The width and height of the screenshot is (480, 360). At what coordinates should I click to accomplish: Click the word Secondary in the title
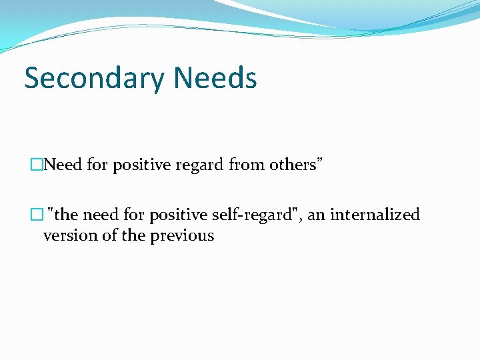95,79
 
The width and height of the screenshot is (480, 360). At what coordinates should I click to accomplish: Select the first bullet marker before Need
35,165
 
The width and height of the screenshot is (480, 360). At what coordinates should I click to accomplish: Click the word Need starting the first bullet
64,165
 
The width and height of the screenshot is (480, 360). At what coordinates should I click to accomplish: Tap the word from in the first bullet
247,165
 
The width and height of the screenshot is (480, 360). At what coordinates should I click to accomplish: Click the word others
291,165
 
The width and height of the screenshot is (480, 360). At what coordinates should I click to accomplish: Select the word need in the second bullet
103,215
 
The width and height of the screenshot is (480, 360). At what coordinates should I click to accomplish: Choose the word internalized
375,215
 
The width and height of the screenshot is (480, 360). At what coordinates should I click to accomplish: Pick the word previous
183,235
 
